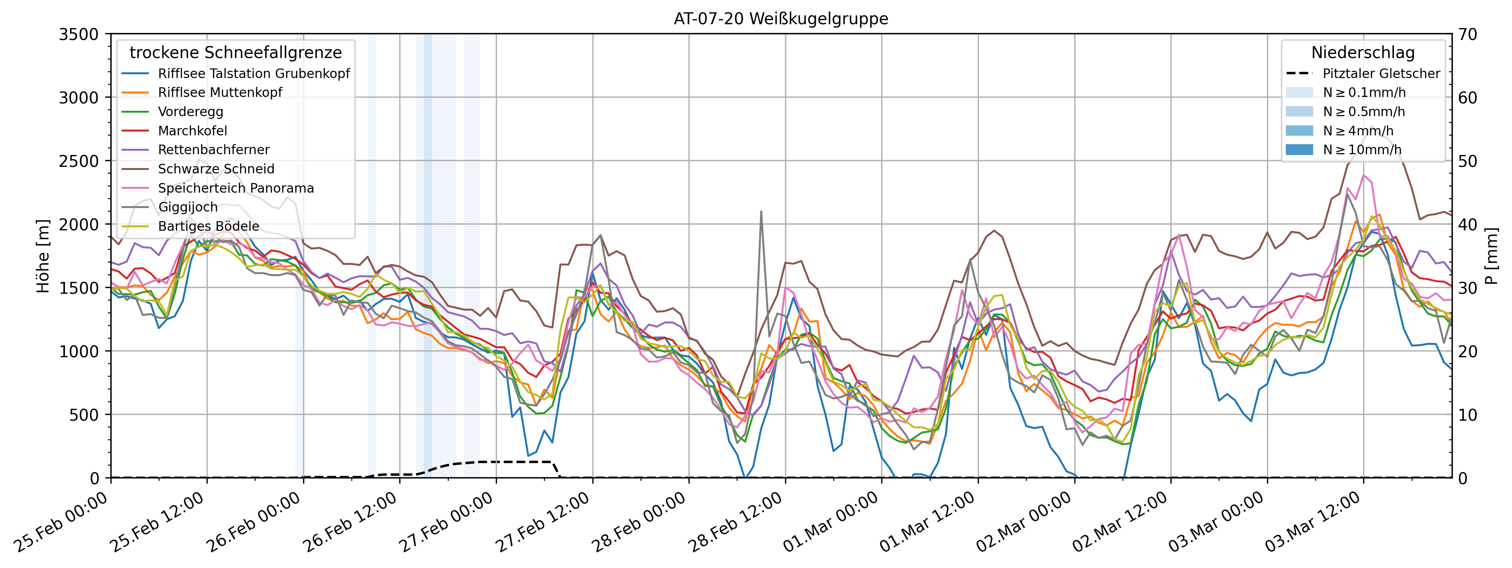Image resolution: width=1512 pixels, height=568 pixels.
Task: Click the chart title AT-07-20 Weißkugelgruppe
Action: [781, 19]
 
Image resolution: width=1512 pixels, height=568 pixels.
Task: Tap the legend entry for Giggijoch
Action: [187, 207]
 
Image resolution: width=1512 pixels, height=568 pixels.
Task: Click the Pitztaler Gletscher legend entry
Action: [1380, 73]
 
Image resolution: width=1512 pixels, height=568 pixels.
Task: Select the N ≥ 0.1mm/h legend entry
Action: [1364, 93]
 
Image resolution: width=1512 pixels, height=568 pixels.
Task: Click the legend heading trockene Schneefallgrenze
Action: [235, 53]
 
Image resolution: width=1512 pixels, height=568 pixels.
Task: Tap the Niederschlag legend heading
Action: [1362, 53]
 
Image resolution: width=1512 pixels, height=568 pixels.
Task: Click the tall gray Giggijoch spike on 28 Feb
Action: [761, 212]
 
